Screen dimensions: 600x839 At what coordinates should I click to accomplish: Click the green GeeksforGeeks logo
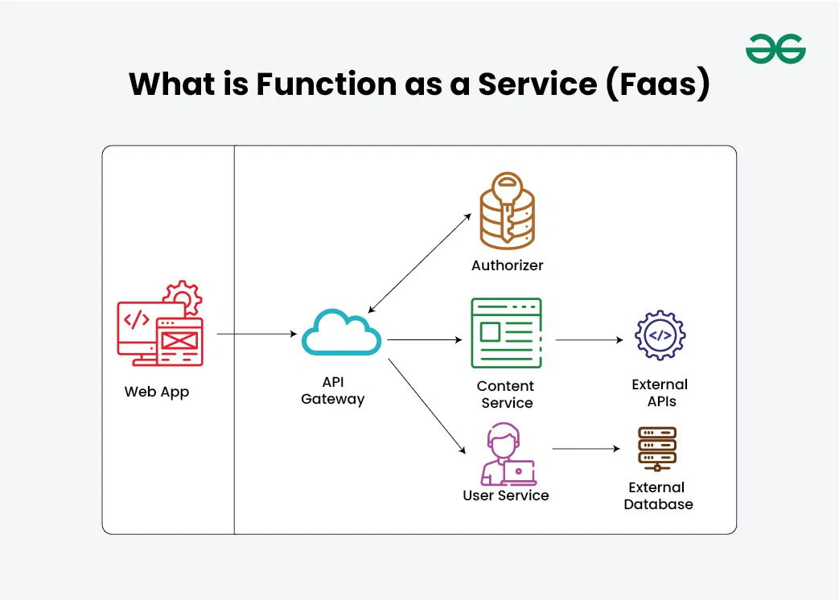coord(775,49)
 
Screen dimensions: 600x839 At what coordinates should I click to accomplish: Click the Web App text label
coord(157,392)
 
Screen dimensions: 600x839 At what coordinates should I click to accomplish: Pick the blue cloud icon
coord(341,332)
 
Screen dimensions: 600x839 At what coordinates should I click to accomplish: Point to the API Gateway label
coord(332,391)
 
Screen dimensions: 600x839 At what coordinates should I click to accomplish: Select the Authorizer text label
coord(507,265)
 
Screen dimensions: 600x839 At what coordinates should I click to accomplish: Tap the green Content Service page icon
coord(507,333)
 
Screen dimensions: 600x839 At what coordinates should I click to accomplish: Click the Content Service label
coord(507,394)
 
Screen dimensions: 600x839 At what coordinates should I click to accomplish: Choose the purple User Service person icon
coord(507,456)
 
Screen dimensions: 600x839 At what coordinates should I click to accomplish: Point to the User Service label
coord(505,495)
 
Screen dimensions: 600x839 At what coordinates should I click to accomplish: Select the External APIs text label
coord(660,392)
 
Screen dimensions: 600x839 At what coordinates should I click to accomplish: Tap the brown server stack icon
coord(657,449)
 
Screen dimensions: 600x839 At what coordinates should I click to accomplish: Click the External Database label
coord(658,496)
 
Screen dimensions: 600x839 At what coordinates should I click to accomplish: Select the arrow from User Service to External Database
coord(586,449)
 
